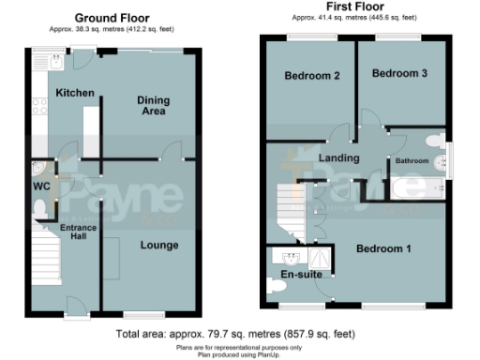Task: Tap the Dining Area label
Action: click(x=152, y=105)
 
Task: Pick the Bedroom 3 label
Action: click(x=399, y=73)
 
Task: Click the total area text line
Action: click(x=235, y=334)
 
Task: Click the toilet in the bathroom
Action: click(x=433, y=141)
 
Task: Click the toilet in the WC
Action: click(x=42, y=217)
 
